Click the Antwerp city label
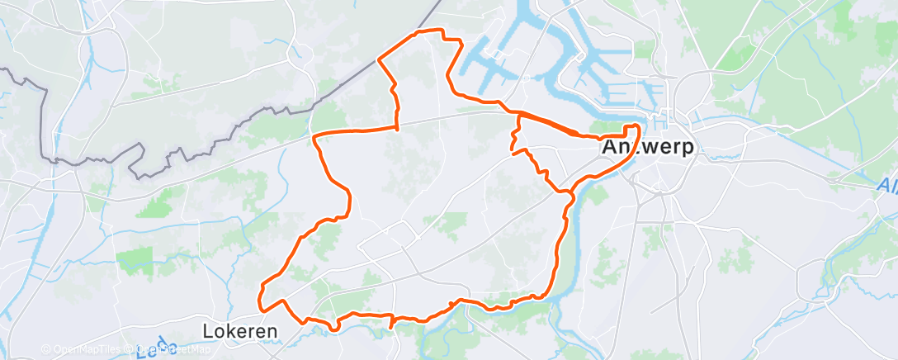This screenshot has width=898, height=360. (649, 148)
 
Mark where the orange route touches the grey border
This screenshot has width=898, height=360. (379, 59)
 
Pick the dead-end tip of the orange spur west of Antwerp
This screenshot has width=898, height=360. (513, 153)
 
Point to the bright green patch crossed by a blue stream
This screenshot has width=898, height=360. (135, 260)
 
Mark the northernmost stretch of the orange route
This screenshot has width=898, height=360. (429, 31)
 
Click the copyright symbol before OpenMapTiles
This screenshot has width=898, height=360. (45, 349)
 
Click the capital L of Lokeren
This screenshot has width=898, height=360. (208, 331)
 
